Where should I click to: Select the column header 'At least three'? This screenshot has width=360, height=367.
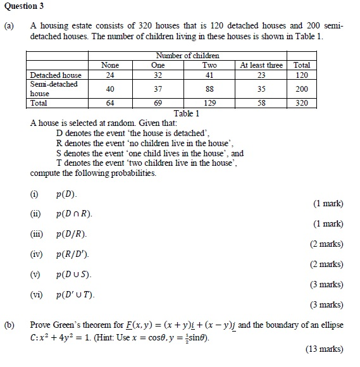pyautogui.click(x=261, y=65)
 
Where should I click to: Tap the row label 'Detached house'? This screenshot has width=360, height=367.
pyautogui.click(x=56, y=75)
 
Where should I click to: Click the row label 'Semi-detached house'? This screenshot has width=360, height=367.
pyautogui.click(x=54, y=89)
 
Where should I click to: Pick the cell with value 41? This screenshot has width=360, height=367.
pyautogui.click(x=209, y=75)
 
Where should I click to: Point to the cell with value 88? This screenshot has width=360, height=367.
pyautogui.click(x=209, y=89)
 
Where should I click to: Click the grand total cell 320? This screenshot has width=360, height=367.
pyautogui.click(x=302, y=103)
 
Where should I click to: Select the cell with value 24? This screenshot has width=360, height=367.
pyautogui.click(x=111, y=75)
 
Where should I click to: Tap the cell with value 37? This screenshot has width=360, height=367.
pyautogui.click(x=158, y=89)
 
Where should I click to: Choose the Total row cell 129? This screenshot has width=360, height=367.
pyautogui.click(x=209, y=103)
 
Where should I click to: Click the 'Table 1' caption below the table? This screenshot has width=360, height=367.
pyautogui.click(x=186, y=113)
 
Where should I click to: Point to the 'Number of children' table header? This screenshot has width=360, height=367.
pyautogui.click(x=187, y=56)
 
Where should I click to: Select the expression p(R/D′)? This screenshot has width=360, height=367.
pyautogui.click(x=73, y=254)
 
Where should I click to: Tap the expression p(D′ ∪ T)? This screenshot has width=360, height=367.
pyautogui.click(x=75, y=295)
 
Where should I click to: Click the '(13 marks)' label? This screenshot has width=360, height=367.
pyautogui.click(x=325, y=349)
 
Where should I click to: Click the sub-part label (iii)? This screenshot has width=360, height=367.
pyautogui.click(x=37, y=234)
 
